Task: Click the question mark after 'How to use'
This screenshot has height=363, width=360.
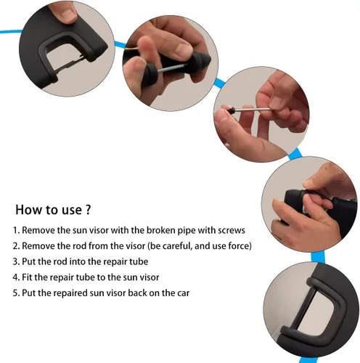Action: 88,210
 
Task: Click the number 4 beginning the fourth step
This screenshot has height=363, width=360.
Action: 15,277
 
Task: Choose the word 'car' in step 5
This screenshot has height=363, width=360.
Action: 184,293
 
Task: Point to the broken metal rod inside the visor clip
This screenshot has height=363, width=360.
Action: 70,63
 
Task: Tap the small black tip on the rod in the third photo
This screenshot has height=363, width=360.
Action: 232,111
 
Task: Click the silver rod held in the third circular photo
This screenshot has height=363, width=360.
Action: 253,110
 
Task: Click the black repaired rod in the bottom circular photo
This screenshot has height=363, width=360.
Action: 303,310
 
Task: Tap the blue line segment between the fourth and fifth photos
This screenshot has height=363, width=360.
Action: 318,257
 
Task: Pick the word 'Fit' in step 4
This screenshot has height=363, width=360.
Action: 27,277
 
